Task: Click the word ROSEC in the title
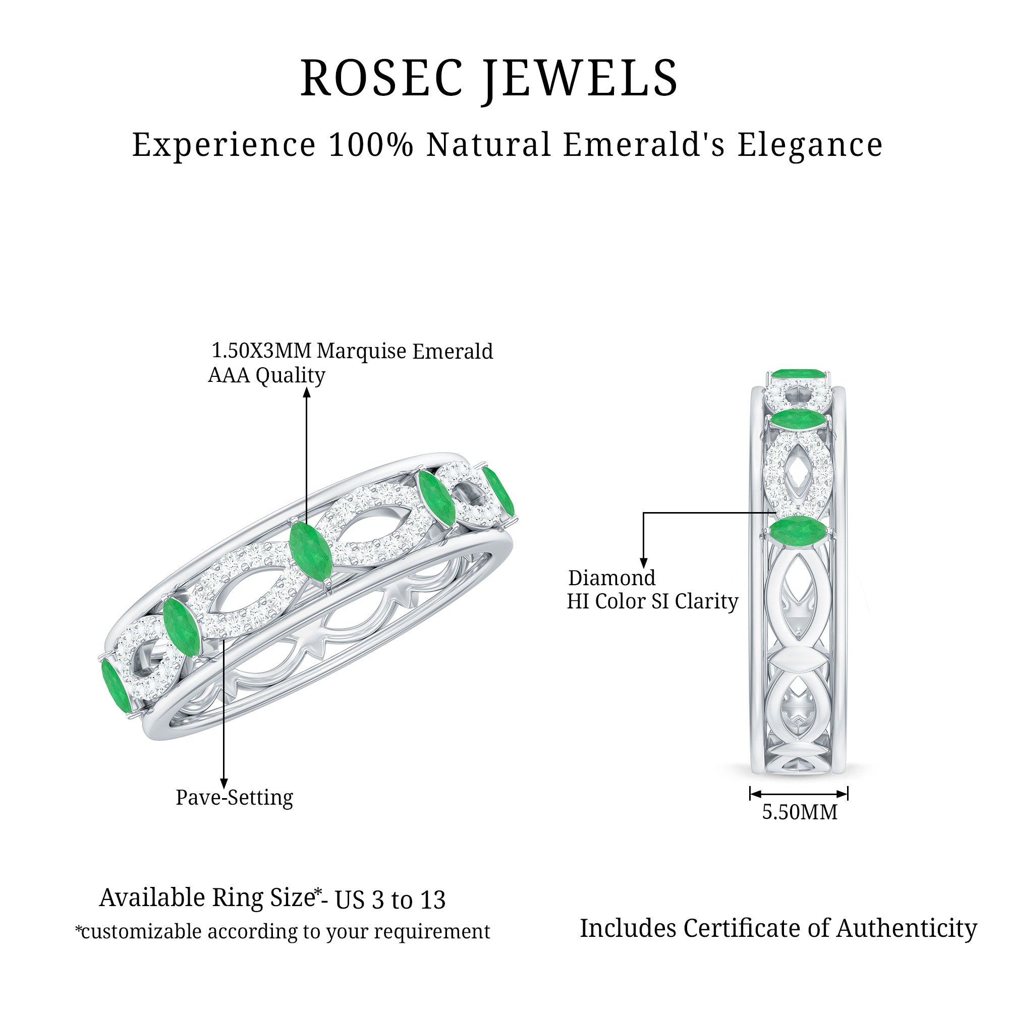click(382, 78)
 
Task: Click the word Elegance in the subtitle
click(810, 146)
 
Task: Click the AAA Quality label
click(266, 375)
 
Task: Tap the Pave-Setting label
click(234, 798)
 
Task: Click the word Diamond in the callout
click(611, 578)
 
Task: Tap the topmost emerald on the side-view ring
click(797, 374)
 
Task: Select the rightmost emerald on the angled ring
click(498, 491)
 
